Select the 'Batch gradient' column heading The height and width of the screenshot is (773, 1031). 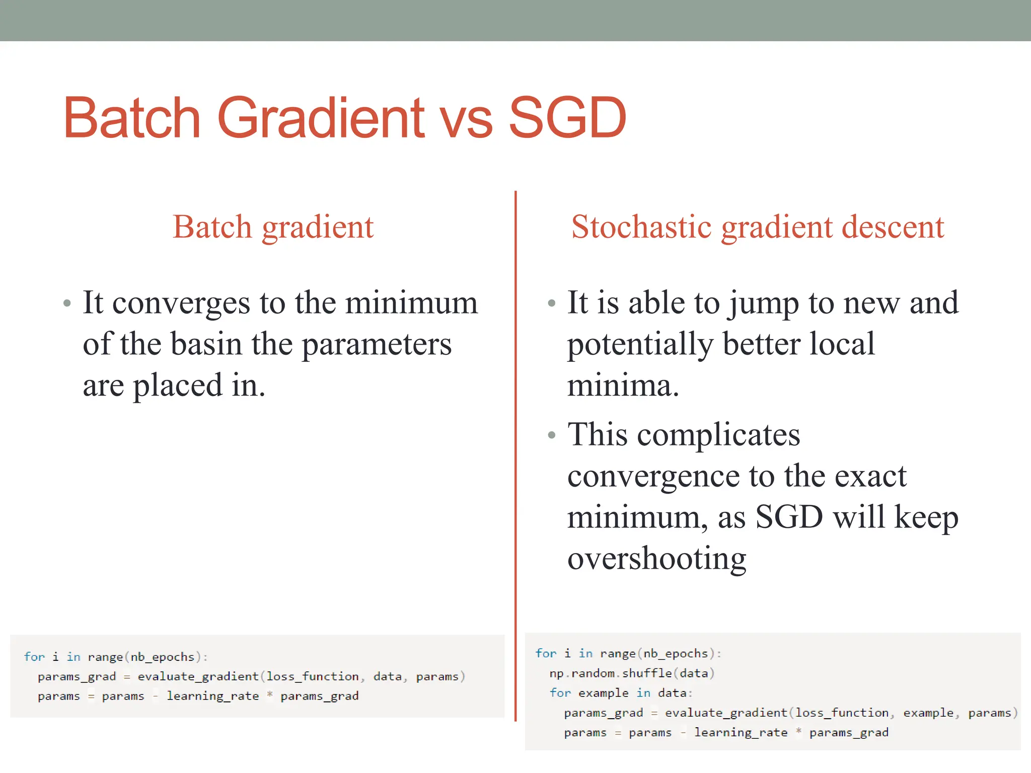[273, 227]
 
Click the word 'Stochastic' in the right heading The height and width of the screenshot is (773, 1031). [641, 227]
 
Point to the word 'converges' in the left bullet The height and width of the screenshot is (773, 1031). [181, 304]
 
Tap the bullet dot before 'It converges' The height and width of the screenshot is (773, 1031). [67, 303]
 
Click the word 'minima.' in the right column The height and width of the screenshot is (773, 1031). [623, 386]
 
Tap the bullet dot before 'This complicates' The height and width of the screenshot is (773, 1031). [552, 435]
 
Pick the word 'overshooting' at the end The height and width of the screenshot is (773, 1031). [656, 559]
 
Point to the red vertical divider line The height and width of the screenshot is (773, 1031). [515, 453]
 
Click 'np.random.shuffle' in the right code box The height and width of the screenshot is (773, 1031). [610, 673]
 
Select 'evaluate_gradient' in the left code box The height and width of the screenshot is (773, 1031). [198, 677]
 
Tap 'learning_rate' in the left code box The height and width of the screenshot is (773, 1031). [212, 697]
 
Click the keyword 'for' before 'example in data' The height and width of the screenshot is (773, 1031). [560, 693]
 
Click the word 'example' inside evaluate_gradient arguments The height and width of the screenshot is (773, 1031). [928, 713]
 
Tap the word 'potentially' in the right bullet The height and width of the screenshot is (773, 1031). [640, 345]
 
